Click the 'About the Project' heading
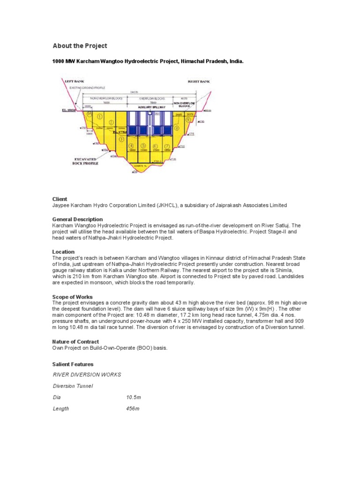[80, 45]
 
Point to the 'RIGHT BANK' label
[199, 82]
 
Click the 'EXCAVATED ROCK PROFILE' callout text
[83, 160]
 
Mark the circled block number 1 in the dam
[99, 116]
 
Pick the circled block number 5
[143, 146]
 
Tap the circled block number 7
[167, 146]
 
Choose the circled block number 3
[121, 139]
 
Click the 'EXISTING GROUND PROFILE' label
[87, 88]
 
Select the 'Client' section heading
[60, 199]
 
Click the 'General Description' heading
[77, 219]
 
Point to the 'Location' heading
[63, 252]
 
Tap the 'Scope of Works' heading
[72, 297]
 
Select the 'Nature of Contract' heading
[75, 342]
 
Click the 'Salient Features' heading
[73, 364]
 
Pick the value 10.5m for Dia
[134, 397]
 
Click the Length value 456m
[133, 409]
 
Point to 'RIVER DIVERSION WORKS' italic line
[87, 375]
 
